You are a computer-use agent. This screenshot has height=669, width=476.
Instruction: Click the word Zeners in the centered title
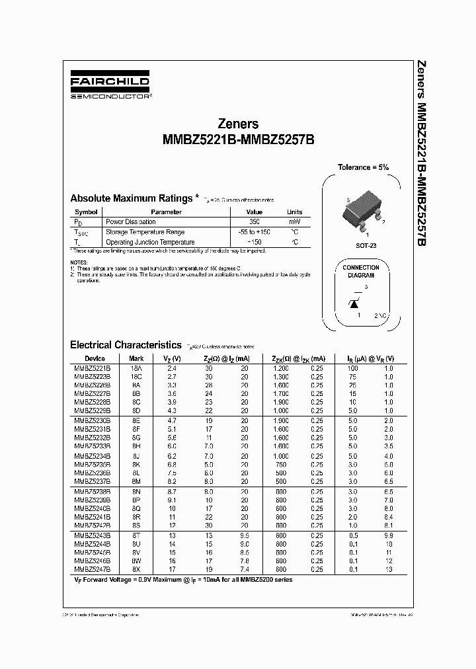[238, 124]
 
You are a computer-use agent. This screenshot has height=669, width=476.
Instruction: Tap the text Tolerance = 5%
[364, 167]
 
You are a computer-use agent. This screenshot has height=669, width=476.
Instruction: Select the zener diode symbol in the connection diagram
[354, 302]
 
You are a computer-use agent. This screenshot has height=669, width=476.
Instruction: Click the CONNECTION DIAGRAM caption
[361, 272]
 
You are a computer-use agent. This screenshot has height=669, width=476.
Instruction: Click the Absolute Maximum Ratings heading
[132, 198]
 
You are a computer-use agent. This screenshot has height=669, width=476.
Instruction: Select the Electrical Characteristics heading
[126, 344]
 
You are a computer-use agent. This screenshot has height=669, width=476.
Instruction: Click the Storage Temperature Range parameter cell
[145, 232]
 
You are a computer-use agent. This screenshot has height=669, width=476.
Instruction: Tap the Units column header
[294, 212]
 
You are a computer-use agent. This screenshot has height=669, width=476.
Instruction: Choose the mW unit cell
[294, 222]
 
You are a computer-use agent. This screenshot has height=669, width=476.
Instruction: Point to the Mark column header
[137, 358]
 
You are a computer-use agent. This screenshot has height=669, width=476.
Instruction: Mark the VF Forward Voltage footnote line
[183, 580]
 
